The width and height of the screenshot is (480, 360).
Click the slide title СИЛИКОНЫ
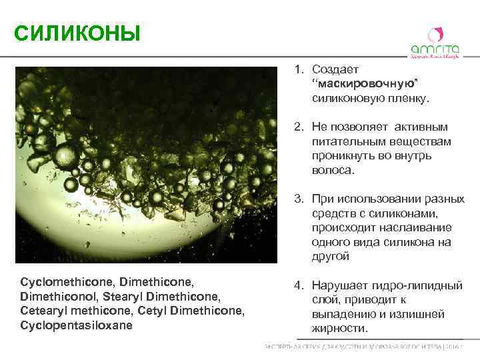coord(77,32)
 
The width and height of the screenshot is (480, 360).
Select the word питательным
coord(345,141)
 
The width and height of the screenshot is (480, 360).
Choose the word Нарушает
coord(339,285)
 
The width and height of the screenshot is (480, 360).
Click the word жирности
coord(339,329)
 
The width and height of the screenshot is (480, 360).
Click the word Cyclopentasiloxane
coord(77,325)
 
